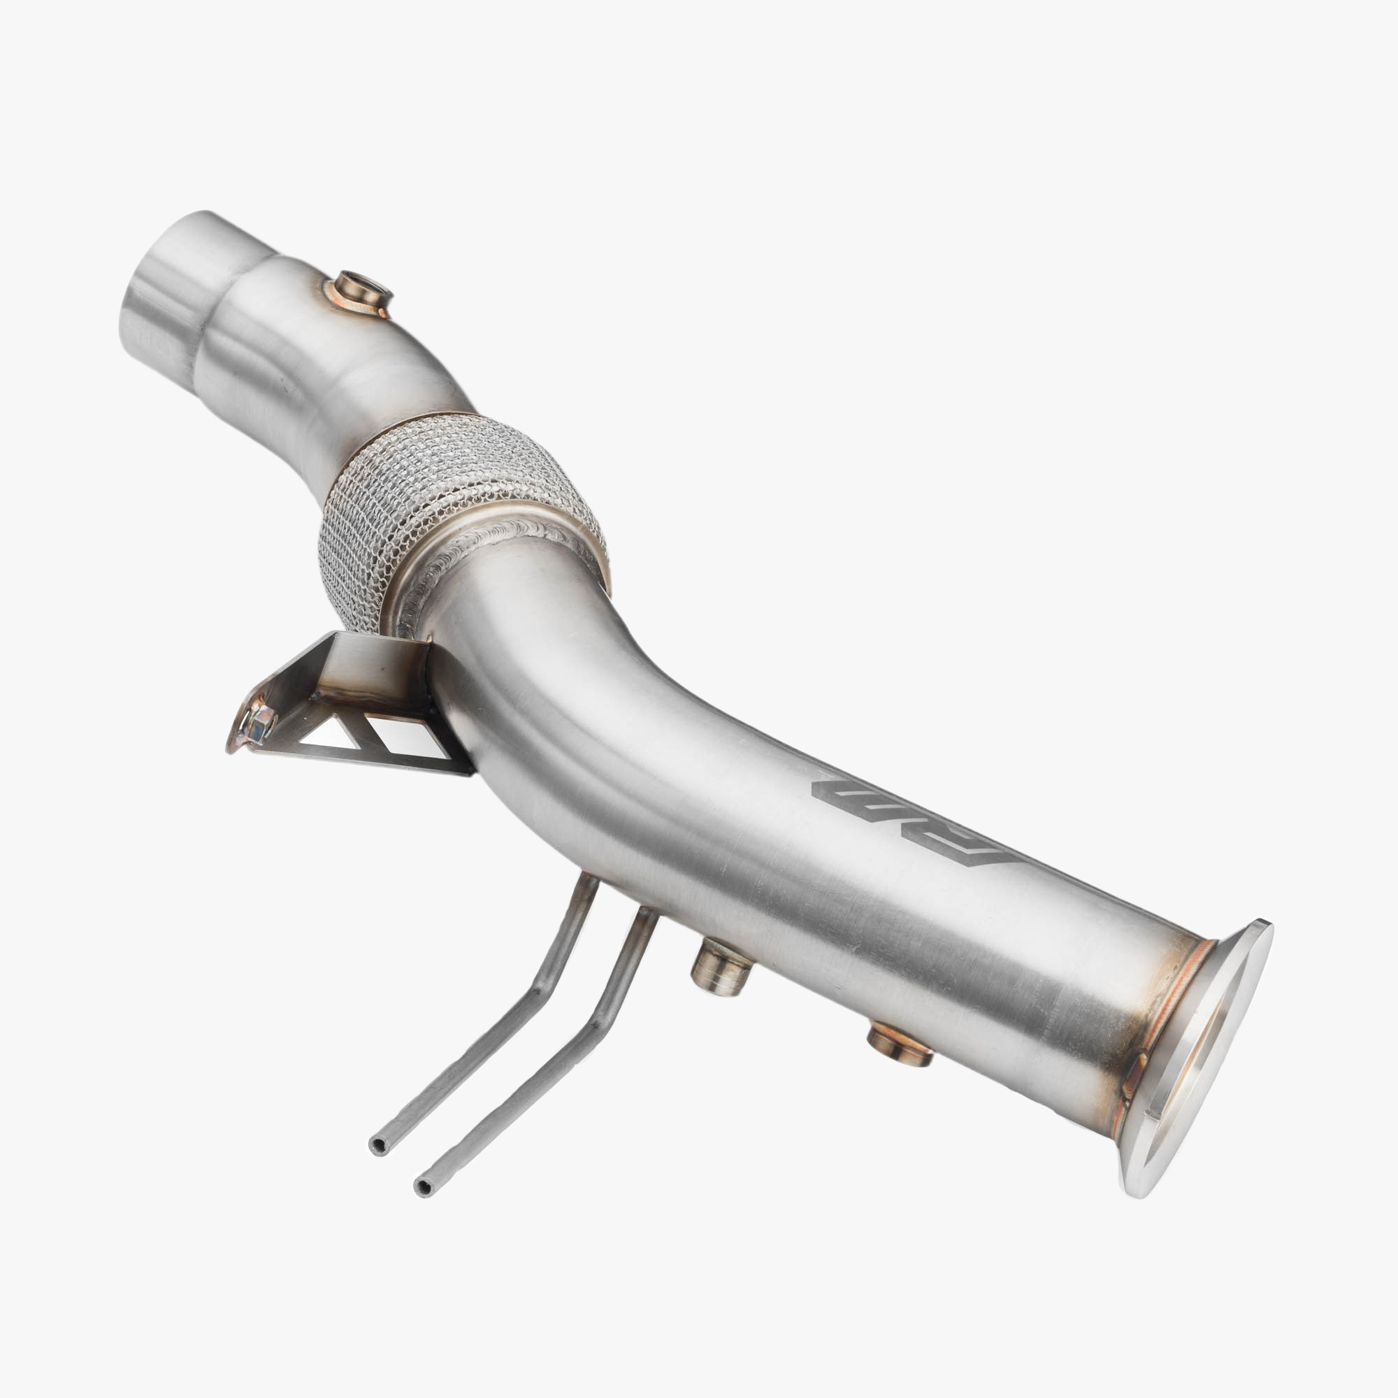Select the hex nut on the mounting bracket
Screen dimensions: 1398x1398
click(x=259, y=723)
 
